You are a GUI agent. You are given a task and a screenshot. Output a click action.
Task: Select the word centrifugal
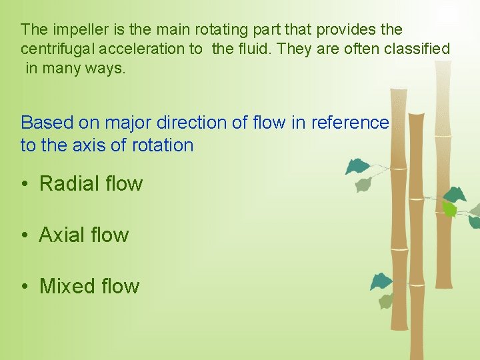(x=56, y=49)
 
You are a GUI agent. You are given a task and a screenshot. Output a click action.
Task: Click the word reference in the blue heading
(x=349, y=123)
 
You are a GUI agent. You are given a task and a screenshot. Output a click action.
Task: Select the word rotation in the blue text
(x=163, y=145)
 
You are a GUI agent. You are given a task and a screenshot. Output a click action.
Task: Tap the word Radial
(x=69, y=184)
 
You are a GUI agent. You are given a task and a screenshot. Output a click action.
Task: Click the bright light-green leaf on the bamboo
(x=450, y=210)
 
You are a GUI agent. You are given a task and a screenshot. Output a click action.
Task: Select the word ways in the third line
(x=106, y=68)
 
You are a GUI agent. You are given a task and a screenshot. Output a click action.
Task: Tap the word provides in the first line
(x=342, y=30)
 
